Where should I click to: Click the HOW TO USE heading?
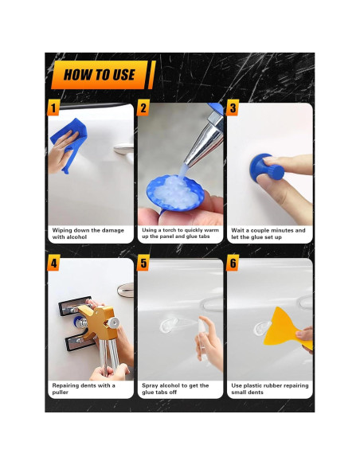[x=100, y=76]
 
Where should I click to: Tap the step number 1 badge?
[x=54, y=107]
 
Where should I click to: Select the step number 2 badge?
[x=143, y=107]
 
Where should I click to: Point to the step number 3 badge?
[x=233, y=107]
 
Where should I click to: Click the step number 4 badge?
[x=54, y=264]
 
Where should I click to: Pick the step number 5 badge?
[x=143, y=264]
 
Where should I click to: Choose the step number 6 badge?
[x=233, y=264]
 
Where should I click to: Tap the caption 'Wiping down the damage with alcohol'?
[x=88, y=233]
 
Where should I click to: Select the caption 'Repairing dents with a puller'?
[x=84, y=389]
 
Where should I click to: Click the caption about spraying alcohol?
[x=175, y=389]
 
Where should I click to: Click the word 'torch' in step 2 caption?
[x=171, y=230]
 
